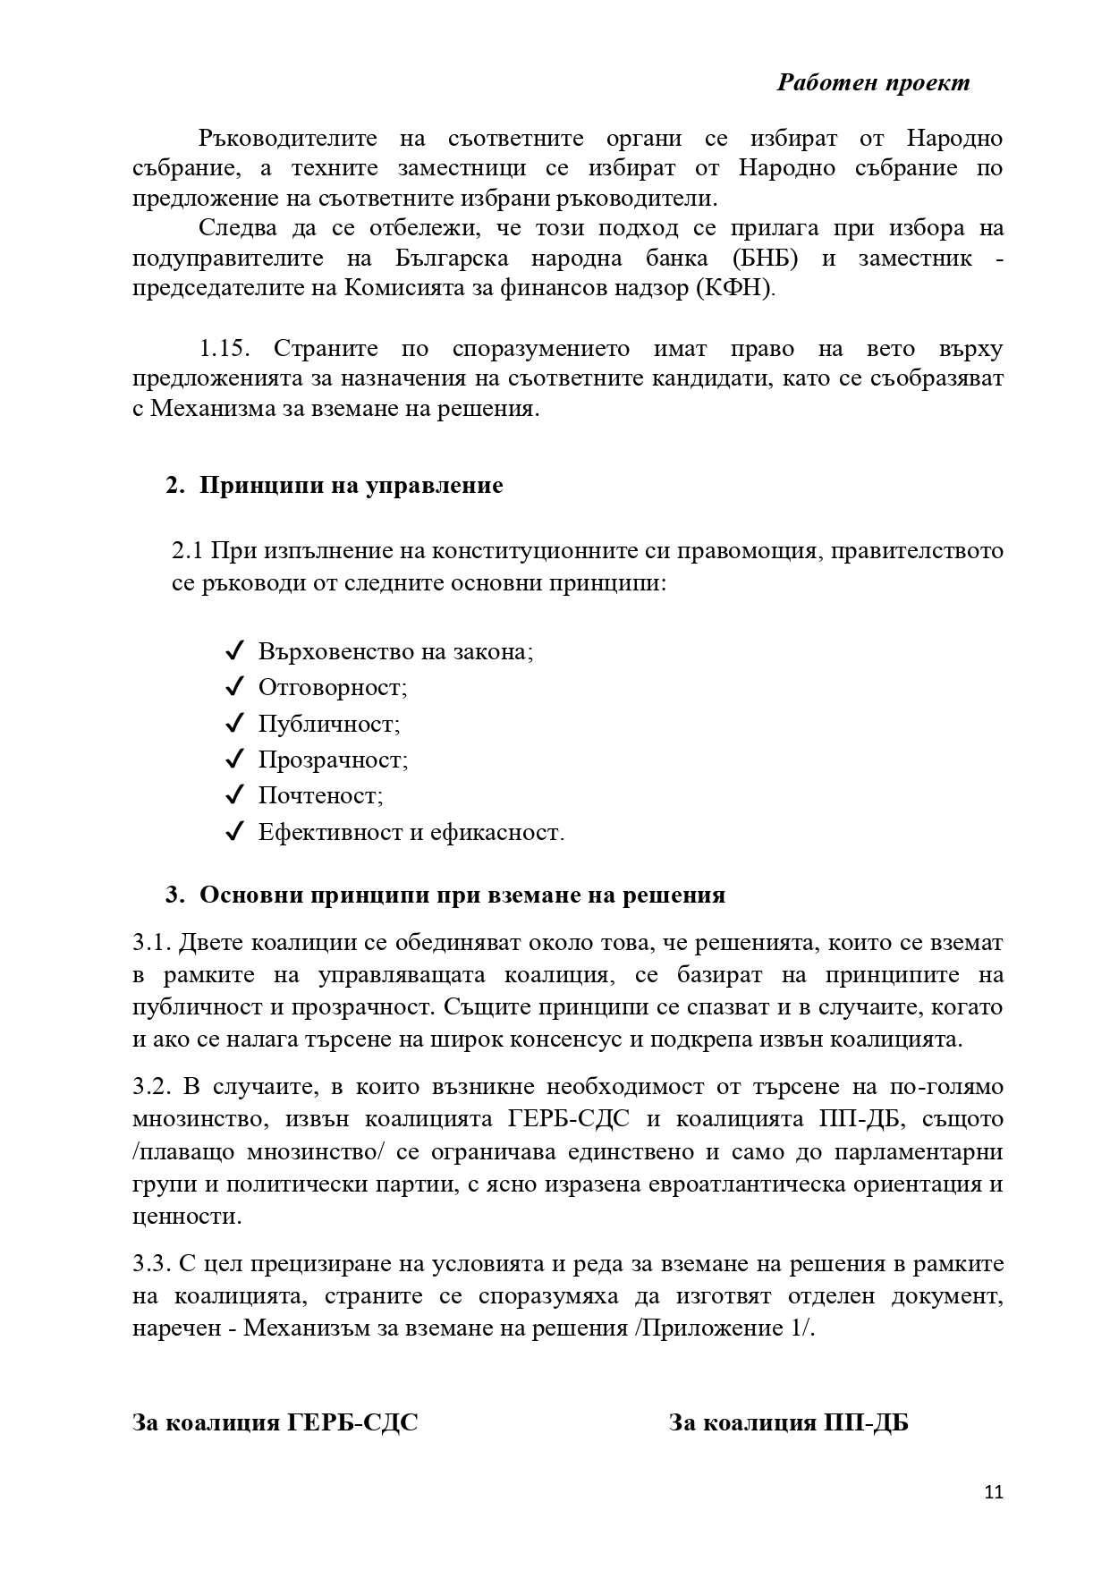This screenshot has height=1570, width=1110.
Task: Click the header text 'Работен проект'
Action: coord(872,82)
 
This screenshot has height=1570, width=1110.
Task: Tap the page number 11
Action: coord(993,1491)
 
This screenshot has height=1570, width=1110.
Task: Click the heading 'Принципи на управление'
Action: coord(351,485)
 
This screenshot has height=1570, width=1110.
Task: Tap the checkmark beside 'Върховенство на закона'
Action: coord(235,650)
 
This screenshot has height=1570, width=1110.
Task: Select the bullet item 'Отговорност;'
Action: coord(333,687)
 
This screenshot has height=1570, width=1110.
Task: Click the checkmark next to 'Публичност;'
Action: coord(235,723)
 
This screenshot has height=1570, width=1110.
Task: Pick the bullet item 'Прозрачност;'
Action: coord(333,760)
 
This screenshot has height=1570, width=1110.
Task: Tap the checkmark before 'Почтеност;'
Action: coord(235,795)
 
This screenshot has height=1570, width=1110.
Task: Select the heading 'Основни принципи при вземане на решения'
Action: coord(462,895)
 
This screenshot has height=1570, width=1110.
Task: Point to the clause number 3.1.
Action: coord(151,942)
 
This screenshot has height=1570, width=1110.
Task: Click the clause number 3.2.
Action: coord(151,1087)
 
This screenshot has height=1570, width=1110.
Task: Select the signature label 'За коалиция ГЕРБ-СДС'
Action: coord(275,1421)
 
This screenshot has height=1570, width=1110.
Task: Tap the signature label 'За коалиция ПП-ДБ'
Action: coord(788,1421)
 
